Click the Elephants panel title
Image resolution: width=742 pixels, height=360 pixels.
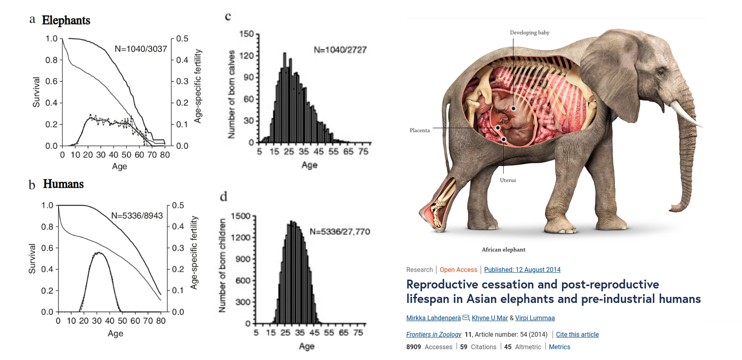coord(66,20)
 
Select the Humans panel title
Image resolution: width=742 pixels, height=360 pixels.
coord(63,184)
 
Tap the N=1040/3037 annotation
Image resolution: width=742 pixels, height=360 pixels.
coord(140,48)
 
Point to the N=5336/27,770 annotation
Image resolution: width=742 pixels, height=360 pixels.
coord(340,232)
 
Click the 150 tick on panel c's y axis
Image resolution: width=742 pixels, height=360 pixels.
coord(248,34)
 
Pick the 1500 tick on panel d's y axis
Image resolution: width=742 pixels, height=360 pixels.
coord(241,216)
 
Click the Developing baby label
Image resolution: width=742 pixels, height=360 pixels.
coord(529,32)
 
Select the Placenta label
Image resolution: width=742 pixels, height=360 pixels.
coord(419,130)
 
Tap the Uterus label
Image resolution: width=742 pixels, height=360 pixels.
coord(508,180)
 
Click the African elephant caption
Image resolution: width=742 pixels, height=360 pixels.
coord(503,250)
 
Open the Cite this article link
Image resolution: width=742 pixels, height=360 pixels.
coord(577,334)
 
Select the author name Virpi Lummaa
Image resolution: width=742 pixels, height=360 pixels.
coord(535,318)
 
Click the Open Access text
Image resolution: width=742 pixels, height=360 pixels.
coord(458,269)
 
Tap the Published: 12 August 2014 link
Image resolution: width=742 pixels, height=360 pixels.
coord(522,269)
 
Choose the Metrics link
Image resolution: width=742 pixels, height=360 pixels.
coord(559,347)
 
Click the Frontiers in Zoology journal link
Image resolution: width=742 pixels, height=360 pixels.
coord(433,334)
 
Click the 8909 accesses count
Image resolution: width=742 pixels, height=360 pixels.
coord(414,347)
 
